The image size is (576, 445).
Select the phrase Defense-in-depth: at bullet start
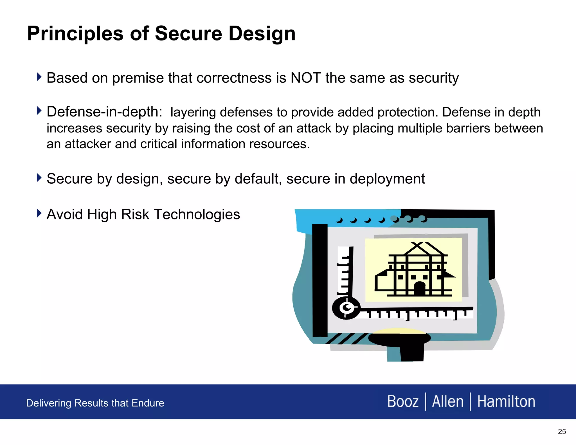pos(104,112)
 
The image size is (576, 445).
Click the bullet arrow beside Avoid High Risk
pos(39,213)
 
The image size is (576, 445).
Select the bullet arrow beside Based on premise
pos(39,77)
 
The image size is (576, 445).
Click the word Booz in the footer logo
pos(403,401)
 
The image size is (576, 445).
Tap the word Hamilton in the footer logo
pos(506,401)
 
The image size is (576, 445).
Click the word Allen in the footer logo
pos(447,401)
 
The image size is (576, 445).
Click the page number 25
pos(562,431)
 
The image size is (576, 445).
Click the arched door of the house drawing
pos(420,289)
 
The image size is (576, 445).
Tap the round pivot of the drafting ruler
pos(346,308)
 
